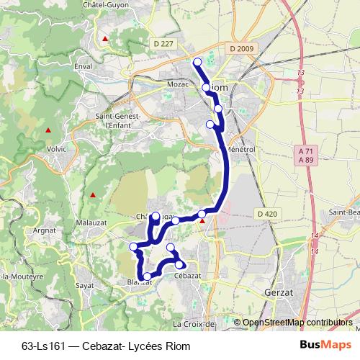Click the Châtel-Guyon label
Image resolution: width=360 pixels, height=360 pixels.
[x=112, y=5]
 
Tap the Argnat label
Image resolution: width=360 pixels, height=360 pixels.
[x=45, y=231]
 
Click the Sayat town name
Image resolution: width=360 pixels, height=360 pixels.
[x=84, y=286]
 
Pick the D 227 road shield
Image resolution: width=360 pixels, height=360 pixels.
[x=164, y=45]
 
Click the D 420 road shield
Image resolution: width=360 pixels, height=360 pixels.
[x=266, y=214]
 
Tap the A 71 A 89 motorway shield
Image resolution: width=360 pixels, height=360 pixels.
[x=305, y=156]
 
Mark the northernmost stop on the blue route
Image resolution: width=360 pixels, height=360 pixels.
[x=197, y=61]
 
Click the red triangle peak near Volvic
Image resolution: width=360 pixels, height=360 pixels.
[x=48, y=130]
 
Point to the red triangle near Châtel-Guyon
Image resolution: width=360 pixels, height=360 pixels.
[x=106, y=38]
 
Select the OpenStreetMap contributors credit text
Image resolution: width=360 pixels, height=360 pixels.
[x=297, y=323]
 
